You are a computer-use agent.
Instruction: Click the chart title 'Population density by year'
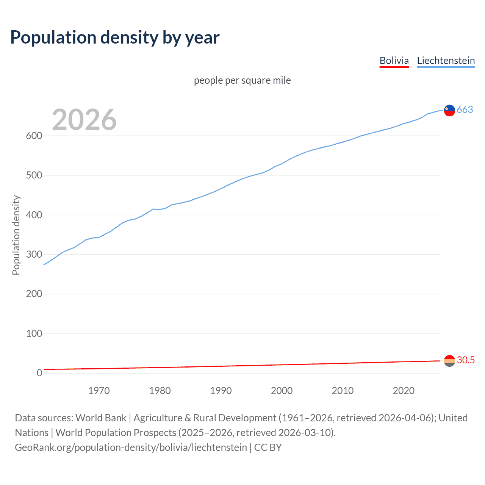115,38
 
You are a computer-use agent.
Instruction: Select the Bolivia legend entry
394,61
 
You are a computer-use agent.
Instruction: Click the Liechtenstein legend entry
446,61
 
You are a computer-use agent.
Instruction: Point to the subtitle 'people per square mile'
242,80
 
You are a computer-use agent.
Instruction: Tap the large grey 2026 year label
84,120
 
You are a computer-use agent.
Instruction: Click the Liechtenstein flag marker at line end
449,110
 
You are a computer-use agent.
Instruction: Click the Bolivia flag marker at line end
449,361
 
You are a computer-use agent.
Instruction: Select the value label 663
465,110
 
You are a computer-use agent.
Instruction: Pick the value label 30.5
466,360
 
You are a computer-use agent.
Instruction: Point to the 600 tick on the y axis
34,136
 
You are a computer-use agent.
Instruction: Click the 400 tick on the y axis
34,215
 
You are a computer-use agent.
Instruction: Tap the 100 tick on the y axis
34,333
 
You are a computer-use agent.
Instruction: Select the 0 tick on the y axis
39,373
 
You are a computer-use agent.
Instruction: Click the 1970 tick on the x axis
99,391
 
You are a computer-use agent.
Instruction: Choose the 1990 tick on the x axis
221,391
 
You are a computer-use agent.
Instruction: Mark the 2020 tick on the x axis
404,391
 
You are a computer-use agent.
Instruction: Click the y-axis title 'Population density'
16,235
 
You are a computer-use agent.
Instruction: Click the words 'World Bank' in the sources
101,418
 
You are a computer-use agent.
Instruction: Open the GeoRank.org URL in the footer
131,447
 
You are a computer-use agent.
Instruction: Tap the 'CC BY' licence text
268,447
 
